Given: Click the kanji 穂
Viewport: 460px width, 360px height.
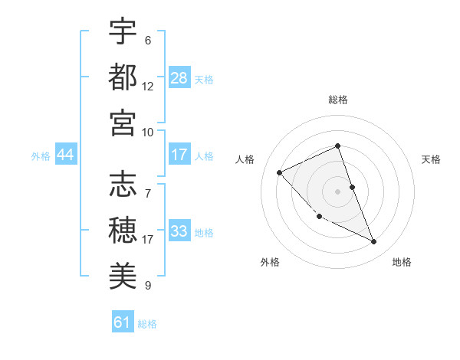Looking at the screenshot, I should click(123, 229).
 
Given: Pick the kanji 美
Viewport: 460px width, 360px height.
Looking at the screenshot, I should click(123, 274).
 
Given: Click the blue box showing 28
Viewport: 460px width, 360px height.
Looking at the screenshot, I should click(179, 78).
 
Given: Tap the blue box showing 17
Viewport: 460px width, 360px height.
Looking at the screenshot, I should click(179, 155).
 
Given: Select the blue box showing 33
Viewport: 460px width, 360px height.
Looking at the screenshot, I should click(179, 231).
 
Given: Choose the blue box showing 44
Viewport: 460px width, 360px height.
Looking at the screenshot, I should click(65, 155).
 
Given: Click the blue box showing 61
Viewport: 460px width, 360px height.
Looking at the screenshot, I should click(123, 322).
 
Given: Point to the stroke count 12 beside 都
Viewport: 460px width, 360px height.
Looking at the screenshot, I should click(148, 86).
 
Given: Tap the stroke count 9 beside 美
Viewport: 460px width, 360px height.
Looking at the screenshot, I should click(148, 285).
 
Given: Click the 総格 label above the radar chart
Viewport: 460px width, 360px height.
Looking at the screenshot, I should click(338, 100).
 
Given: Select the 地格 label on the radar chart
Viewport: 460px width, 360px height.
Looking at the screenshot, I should click(402, 262).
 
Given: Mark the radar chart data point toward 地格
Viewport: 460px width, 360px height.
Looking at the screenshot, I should click(374, 241).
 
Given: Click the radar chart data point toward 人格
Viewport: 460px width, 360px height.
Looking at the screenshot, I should click(280, 172).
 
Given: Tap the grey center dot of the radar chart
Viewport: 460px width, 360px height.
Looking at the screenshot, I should click(338, 191).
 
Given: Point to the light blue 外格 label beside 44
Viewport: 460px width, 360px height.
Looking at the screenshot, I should click(41, 155).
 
